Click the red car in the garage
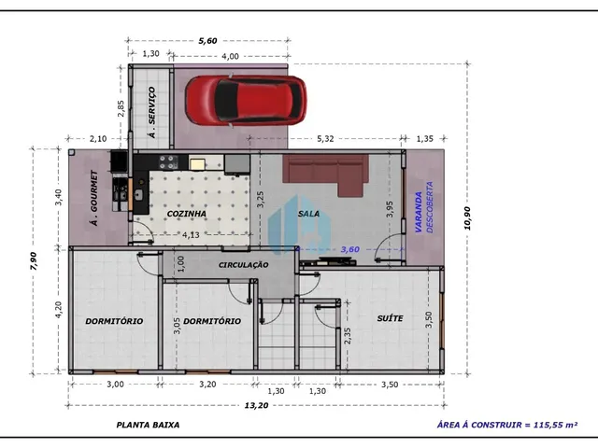pos(245,101)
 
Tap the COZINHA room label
pos(187,214)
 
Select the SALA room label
pos(309,214)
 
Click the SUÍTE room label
pos(390,318)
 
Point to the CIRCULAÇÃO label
pos(243,265)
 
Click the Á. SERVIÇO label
pos(151,112)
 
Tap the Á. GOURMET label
pos(93,198)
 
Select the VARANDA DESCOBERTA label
pos(423,207)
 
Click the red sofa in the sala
pos(325,175)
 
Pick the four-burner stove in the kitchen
pos(168,161)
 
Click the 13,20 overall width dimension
pos(256,405)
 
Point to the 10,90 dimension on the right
pos(467,218)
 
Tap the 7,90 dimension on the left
pos(34,261)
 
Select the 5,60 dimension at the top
pos(207,41)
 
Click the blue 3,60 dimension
pos(349,249)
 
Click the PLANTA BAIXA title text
pos(148,425)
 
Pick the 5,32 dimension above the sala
pos(325,139)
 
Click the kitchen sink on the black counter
pos(139,195)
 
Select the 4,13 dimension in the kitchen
pos(191,235)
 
